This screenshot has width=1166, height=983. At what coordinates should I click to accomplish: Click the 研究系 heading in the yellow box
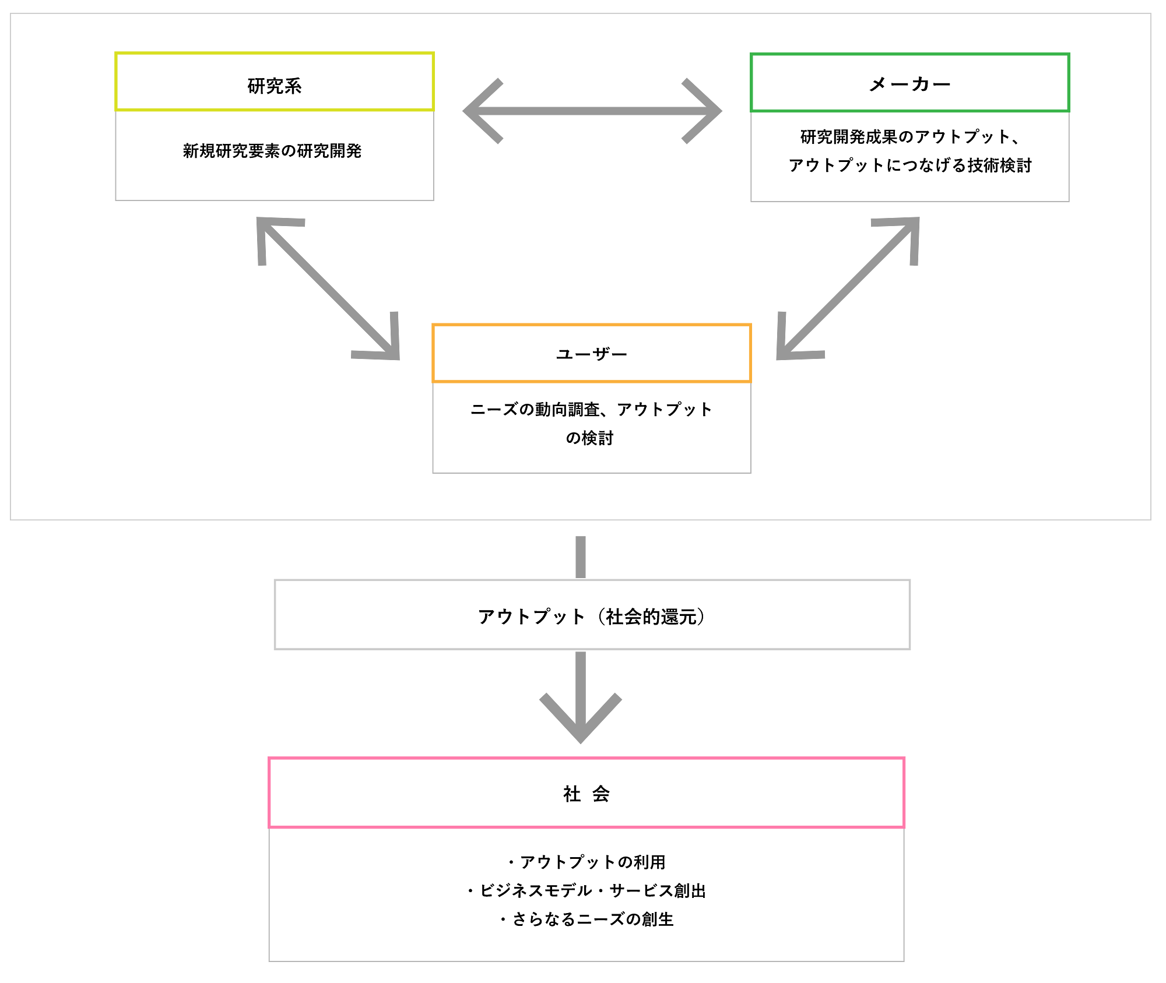275,86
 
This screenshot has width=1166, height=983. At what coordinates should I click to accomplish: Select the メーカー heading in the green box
909,84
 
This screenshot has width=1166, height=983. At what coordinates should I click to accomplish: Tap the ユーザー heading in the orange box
592,354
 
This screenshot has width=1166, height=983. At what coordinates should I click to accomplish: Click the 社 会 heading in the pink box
586,794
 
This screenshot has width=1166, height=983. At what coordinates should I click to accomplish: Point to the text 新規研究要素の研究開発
272,151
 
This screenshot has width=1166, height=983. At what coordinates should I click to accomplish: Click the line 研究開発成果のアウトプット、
909,137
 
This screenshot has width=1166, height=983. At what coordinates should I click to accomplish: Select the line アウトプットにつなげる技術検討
909,165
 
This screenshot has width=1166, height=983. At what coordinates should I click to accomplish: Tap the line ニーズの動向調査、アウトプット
591,410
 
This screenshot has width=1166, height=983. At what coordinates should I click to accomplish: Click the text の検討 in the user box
589,438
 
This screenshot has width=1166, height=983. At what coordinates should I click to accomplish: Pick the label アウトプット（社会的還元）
591,616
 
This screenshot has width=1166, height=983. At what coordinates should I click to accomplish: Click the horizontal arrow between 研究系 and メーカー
592,111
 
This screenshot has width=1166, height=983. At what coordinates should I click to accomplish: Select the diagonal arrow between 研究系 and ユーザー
328,288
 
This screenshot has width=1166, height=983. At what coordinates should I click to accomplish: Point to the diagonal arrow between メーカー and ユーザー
848,288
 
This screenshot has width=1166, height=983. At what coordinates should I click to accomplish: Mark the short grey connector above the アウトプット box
581,557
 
